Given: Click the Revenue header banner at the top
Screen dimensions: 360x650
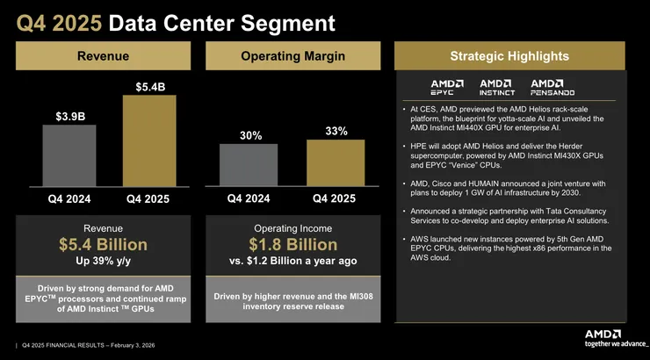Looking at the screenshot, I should pyautogui.click(x=104, y=57).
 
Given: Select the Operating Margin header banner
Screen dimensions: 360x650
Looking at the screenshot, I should pyautogui.click(x=292, y=57).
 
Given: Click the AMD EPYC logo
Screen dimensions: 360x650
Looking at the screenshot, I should pyautogui.click(x=442, y=87).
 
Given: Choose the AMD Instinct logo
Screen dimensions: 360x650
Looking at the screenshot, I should pyautogui.click(x=496, y=87).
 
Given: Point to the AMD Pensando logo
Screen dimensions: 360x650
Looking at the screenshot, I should pyautogui.click(x=553, y=87).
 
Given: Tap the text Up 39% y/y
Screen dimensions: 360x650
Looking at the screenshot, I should pyautogui.click(x=104, y=261).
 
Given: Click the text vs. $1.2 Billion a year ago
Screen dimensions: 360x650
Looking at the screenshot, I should pyautogui.click(x=292, y=261).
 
